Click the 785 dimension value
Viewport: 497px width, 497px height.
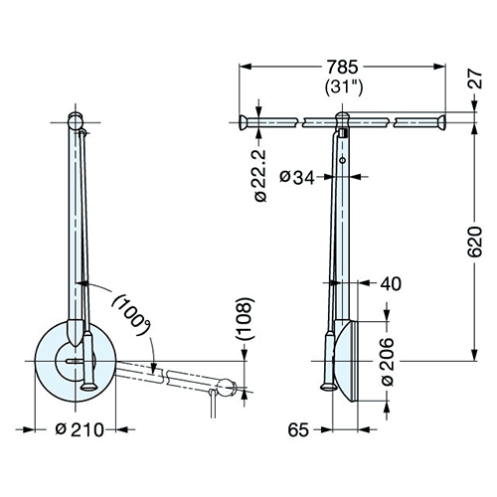(x=342, y=67)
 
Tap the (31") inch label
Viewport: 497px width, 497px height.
(x=344, y=87)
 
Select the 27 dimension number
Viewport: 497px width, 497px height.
(x=475, y=79)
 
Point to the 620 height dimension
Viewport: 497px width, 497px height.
(x=475, y=242)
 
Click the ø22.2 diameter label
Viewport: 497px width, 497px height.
(x=260, y=175)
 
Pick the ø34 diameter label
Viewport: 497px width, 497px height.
(x=296, y=177)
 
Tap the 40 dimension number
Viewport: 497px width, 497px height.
(x=391, y=283)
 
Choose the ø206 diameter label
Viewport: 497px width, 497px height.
(x=388, y=362)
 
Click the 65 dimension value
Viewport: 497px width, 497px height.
(x=298, y=430)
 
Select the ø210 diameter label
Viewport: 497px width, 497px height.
(x=80, y=430)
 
